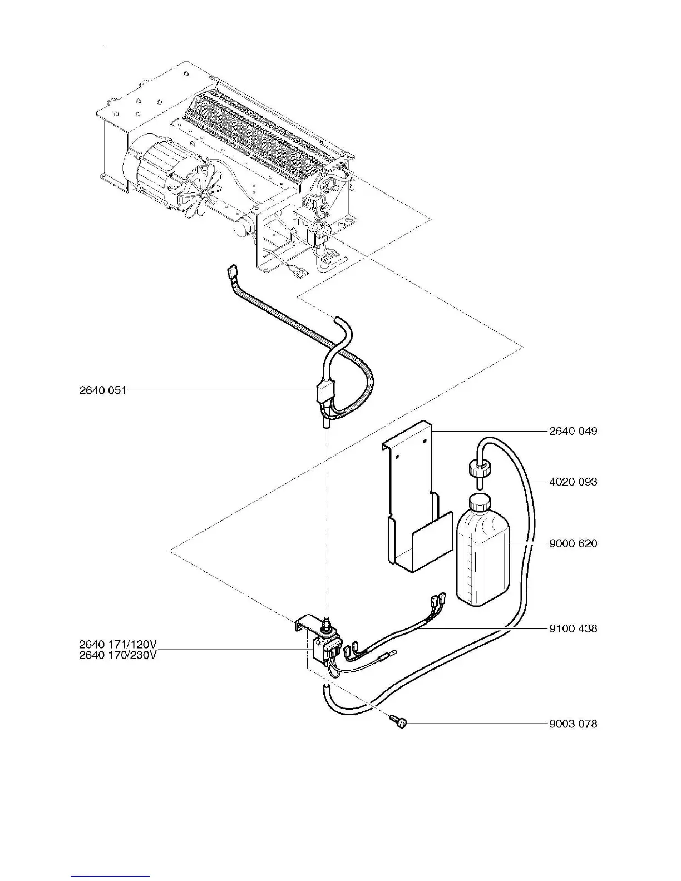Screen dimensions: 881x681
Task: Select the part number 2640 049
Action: point(573,431)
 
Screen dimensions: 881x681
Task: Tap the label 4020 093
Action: point(573,482)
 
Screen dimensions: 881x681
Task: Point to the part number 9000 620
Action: point(573,543)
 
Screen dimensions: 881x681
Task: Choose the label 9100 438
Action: point(573,628)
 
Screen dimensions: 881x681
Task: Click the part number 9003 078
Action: point(573,724)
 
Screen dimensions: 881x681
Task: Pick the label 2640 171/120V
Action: point(117,644)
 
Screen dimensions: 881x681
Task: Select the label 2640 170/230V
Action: point(117,655)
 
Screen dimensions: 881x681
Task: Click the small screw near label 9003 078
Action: point(399,721)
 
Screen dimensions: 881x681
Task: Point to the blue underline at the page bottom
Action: point(110,876)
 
